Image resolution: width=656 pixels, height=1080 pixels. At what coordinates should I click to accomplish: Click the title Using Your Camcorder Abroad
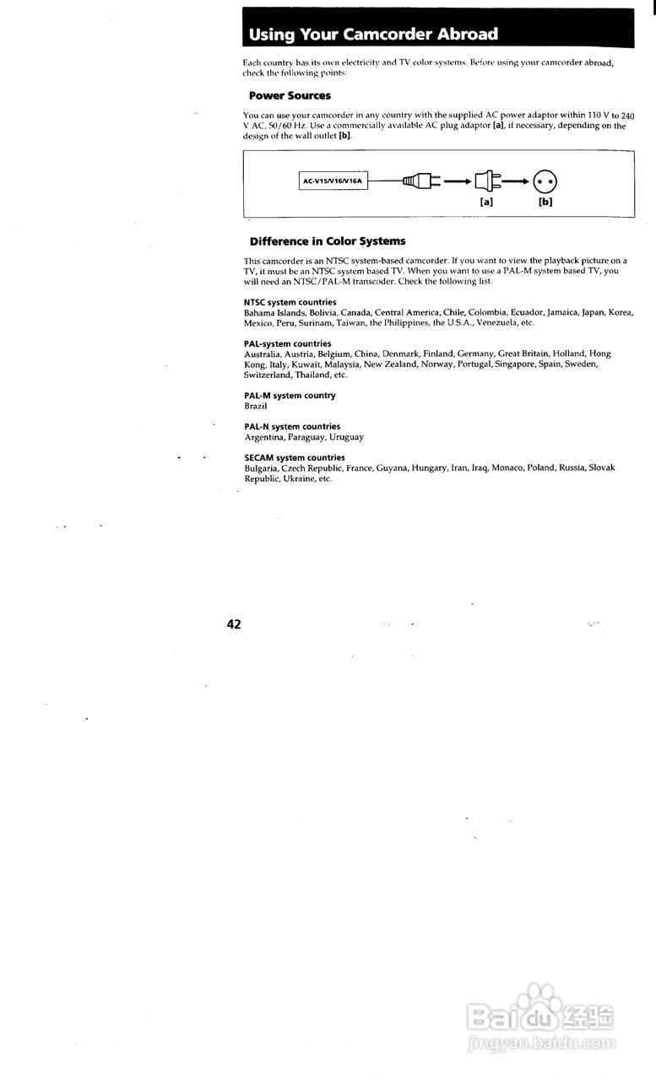[x=373, y=35]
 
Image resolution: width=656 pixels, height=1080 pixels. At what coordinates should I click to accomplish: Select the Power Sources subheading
[x=290, y=96]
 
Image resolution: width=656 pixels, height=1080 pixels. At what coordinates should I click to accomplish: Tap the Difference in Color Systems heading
[x=328, y=241]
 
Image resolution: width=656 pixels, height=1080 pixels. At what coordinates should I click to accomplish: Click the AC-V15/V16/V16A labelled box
[x=333, y=181]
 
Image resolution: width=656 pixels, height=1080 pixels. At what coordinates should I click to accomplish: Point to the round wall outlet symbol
[x=546, y=181]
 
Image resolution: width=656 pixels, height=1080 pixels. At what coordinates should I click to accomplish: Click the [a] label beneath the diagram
[x=486, y=202]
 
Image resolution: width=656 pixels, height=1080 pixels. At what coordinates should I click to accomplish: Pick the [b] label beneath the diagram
[x=545, y=202]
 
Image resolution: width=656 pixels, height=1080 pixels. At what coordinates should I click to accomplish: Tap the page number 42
[x=234, y=624]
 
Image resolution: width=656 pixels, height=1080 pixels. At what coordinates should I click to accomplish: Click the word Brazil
[x=256, y=406]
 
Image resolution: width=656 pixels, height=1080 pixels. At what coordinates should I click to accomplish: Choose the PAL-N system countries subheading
[x=292, y=427]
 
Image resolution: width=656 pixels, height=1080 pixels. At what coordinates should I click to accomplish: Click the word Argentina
[x=263, y=437]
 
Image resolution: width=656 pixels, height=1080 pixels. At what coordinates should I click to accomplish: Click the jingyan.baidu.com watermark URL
[x=540, y=1045]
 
